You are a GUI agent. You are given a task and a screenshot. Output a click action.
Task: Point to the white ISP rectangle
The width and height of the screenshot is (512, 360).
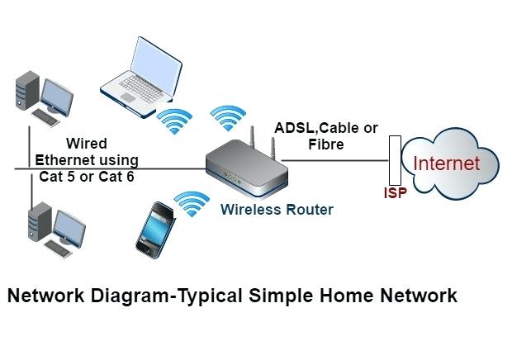[394, 162]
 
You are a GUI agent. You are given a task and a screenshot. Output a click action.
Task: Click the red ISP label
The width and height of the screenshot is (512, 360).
[395, 195]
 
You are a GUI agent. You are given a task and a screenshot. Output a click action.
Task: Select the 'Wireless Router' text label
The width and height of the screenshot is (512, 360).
[277, 210]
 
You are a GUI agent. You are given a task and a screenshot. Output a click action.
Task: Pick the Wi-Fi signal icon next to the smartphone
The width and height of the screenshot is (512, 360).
[192, 201]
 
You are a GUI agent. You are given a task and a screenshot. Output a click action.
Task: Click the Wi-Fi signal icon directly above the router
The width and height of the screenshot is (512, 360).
[228, 117]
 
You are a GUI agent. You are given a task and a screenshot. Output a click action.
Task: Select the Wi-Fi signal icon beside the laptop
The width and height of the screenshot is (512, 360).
[175, 120]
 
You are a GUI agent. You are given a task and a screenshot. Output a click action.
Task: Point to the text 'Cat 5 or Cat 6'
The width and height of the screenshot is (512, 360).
[87, 176]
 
